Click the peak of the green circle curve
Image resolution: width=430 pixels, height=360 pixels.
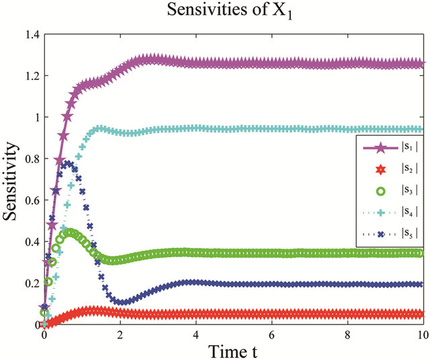pos(69,233)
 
